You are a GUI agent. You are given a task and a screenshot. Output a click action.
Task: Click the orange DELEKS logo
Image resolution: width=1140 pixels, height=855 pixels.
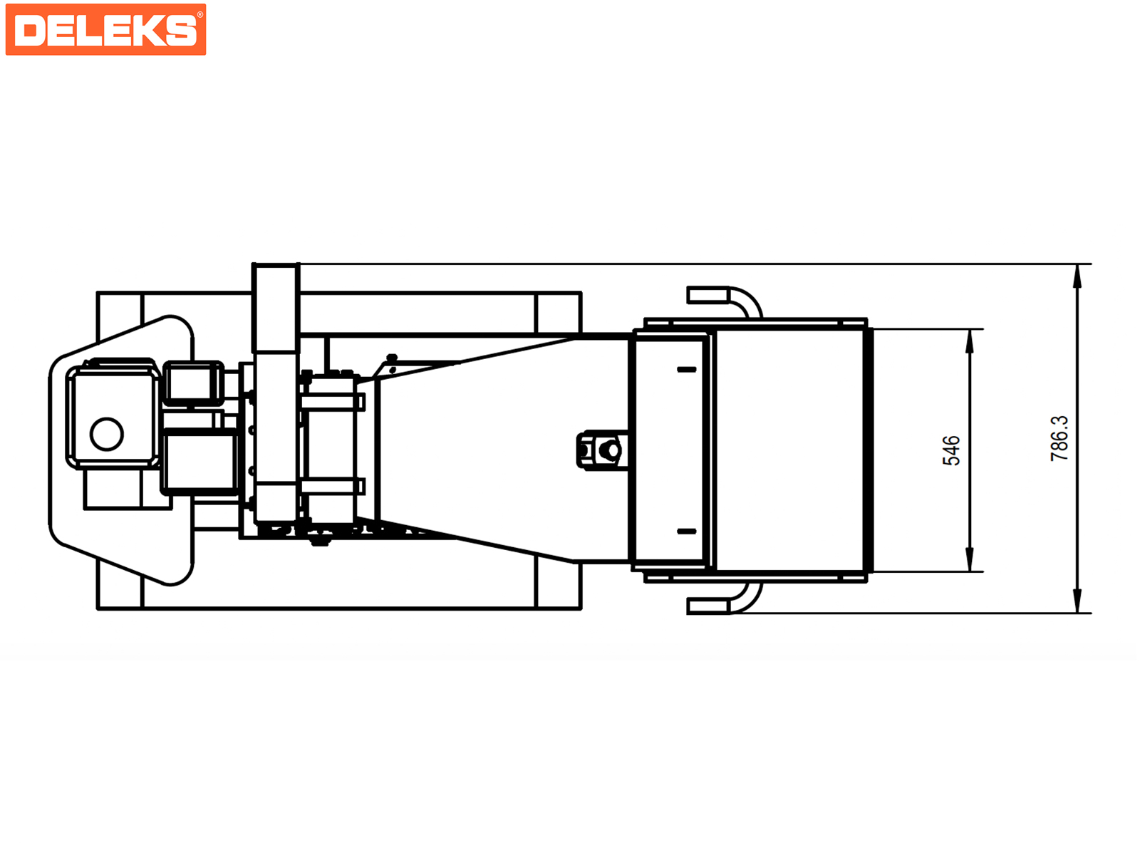pos(105,30)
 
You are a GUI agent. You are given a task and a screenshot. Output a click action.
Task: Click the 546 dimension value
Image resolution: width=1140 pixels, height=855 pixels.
pos(951,450)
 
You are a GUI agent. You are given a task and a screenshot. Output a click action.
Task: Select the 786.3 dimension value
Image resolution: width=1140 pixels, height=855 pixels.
pos(1059,438)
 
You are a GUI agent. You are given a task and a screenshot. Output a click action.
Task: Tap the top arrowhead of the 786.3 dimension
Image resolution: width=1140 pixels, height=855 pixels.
pos(1077,276)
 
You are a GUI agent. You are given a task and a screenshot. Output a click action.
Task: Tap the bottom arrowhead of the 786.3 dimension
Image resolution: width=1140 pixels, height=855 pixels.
pos(1077,601)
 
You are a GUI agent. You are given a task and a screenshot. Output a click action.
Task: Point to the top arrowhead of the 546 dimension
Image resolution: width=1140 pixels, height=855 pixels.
pos(969,341)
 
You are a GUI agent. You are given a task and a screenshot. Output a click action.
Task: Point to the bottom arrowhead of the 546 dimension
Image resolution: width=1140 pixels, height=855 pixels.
pos(969,559)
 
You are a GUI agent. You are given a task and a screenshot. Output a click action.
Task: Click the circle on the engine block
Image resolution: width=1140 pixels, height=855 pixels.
pos(106,434)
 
